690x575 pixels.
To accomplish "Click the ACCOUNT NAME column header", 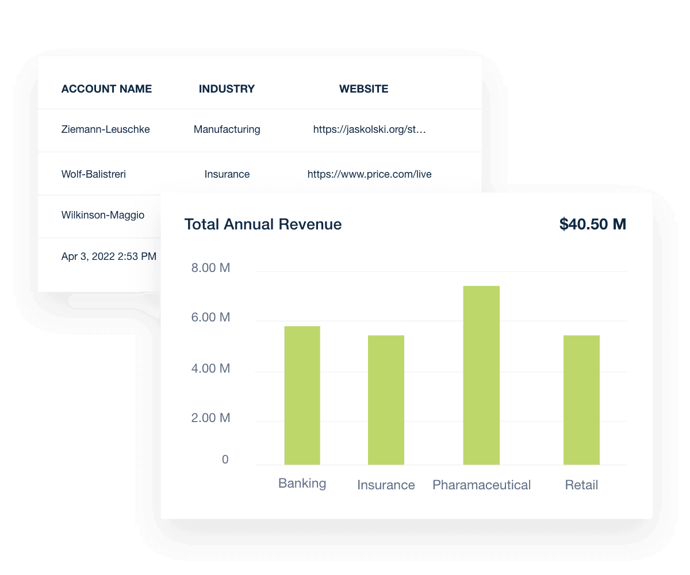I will (x=106, y=89).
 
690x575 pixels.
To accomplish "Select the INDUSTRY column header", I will (x=227, y=89).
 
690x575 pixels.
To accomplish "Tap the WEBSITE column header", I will (x=363, y=89).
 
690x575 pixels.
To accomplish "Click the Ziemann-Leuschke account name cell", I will (x=105, y=129).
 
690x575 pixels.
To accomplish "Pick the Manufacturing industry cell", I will (x=227, y=129).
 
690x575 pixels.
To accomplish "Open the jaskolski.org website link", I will (x=369, y=129).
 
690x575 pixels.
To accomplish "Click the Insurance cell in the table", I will (x=227, y=174).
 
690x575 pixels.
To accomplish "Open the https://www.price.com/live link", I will (x=369, y=174).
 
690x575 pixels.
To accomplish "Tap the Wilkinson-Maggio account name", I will (x=103, y=215).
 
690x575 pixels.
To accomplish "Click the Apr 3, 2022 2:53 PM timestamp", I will (x=109, y=256).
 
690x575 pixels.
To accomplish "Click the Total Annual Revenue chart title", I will (x=263, y=224).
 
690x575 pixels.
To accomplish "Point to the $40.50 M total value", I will (x=592, y=224).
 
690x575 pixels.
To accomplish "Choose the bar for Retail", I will (x=581, y=400).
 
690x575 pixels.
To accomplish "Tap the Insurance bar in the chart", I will (x=386, y=400).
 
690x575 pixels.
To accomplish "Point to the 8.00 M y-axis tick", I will (x=210, y=267).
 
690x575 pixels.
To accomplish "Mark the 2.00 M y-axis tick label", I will (x=210, y=418).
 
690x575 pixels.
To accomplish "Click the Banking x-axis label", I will (x=302, y=483).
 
